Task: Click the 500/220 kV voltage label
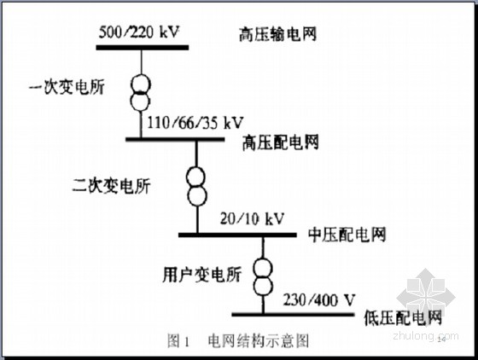pos(139,32)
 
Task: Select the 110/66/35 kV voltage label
pos(195,123)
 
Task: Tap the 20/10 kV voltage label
pos(252,218)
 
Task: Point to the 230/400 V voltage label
pos(319,300)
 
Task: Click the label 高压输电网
pos(277,34)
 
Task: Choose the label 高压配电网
pos(281,142)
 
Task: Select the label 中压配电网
pos(347,235)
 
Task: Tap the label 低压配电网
pos(403,318)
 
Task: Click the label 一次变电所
pos(67,87)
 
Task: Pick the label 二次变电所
pos(112,185)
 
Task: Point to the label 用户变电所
pos(201,275)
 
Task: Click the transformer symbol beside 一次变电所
pos(141,92)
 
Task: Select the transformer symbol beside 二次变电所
pos(196,186)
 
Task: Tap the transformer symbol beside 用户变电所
pos(263,276)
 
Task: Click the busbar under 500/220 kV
pos(143,48)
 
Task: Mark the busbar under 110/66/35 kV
pos(175,140)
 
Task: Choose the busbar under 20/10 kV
pos(237,235)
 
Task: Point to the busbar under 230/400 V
pos(293,314)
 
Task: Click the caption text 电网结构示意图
pos(259,341)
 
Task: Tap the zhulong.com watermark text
pos(426,336)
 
